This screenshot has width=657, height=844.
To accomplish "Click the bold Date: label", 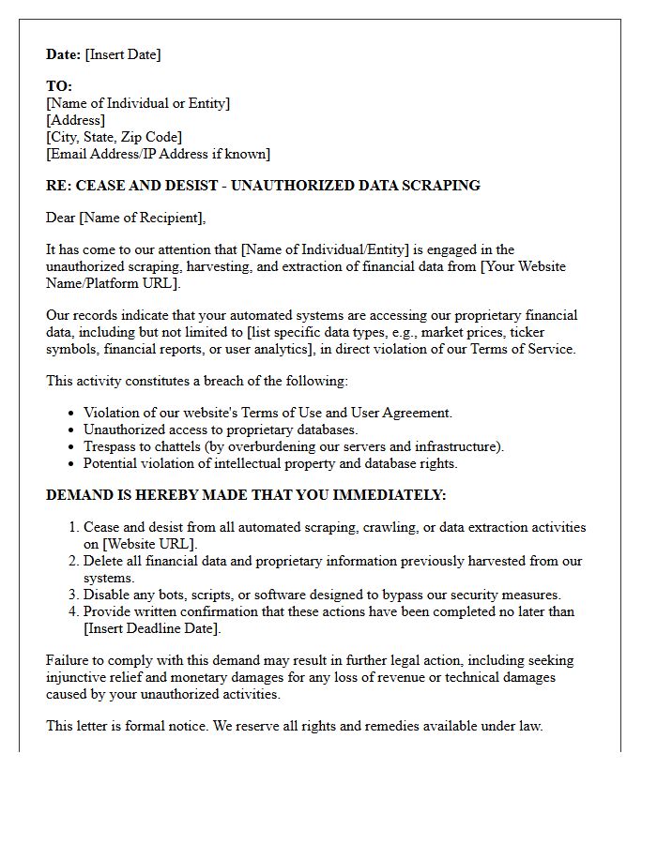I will pos(64,54).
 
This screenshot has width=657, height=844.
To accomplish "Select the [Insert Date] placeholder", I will pos(123,54).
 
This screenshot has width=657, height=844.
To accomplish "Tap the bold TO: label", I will pos(59,86).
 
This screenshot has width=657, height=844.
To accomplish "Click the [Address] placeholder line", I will pos(76,120).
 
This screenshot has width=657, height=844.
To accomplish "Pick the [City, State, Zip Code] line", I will pos(115,137).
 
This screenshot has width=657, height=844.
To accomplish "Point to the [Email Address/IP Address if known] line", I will pos(159,154).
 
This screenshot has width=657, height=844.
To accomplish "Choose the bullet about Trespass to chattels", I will pos(294,446).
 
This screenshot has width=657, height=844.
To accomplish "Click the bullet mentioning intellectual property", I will pos(270,463).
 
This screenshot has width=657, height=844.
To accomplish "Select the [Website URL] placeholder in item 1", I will pos(149,544).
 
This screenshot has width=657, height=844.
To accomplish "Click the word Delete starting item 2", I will pos(105,561).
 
